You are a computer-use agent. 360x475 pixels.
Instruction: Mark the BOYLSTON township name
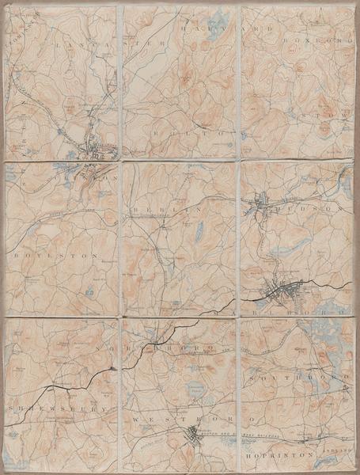pyautogui.click(x=47, y=258)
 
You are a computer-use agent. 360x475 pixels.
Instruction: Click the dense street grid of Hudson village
pyautogui.click(x=260, y=207)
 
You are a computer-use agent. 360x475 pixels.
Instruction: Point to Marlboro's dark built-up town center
pyautogui.click(x=282, y=292)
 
